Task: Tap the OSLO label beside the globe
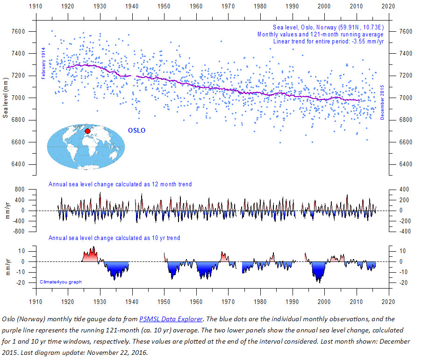pyautogui.click(x=136, y=130)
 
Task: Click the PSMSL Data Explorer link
pyautogui.click(x=171, y=319)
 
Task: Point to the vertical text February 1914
pyautogui.click(x=43, y=63)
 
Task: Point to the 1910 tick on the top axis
pyautogui.click(x=36, y=7)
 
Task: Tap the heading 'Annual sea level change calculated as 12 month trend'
pyautogui.click(x=120, y=184)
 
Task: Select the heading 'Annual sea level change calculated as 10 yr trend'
pyautogui.click(x=114, y=238)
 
